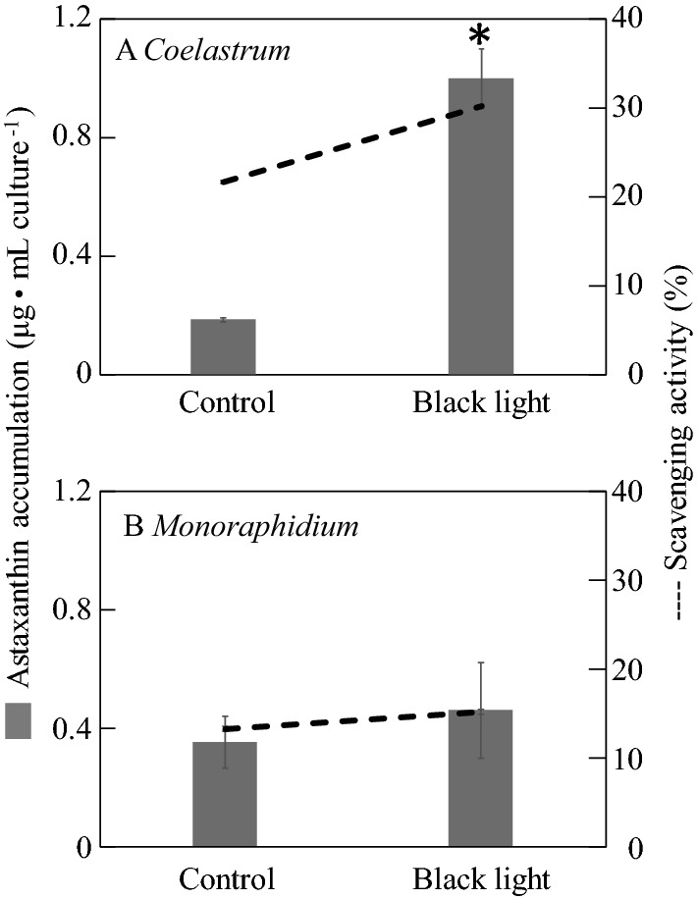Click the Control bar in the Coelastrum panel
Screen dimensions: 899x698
point(223,346)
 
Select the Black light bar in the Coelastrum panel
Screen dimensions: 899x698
point(481,226)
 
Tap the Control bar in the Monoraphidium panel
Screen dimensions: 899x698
point(224,794)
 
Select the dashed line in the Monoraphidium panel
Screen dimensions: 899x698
point(353,720)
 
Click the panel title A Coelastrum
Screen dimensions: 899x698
point(203,52)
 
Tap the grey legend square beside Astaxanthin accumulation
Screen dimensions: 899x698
point(19,720)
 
